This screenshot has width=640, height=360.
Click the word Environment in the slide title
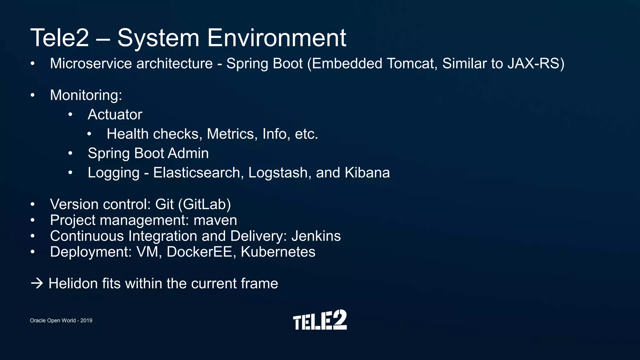point(277,38)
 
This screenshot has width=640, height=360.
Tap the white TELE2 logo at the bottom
point(320,320)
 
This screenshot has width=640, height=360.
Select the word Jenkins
point(316,236)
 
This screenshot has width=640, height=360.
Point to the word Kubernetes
point(278,252)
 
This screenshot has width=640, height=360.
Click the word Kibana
point(367,173)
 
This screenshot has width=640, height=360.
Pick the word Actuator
point(115,115)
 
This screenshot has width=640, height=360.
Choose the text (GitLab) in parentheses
point(204,204)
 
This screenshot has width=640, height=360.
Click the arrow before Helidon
point(37,283)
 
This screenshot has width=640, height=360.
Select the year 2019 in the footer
point(86,321)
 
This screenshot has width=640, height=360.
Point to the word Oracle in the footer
point(38,321)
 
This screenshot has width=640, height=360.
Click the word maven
point(215,220)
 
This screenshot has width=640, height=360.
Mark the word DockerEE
point(199,252)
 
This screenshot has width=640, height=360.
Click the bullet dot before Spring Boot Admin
point(71,153)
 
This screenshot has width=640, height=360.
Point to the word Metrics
point(232,134)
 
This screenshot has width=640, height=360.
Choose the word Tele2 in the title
point(60,38)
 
